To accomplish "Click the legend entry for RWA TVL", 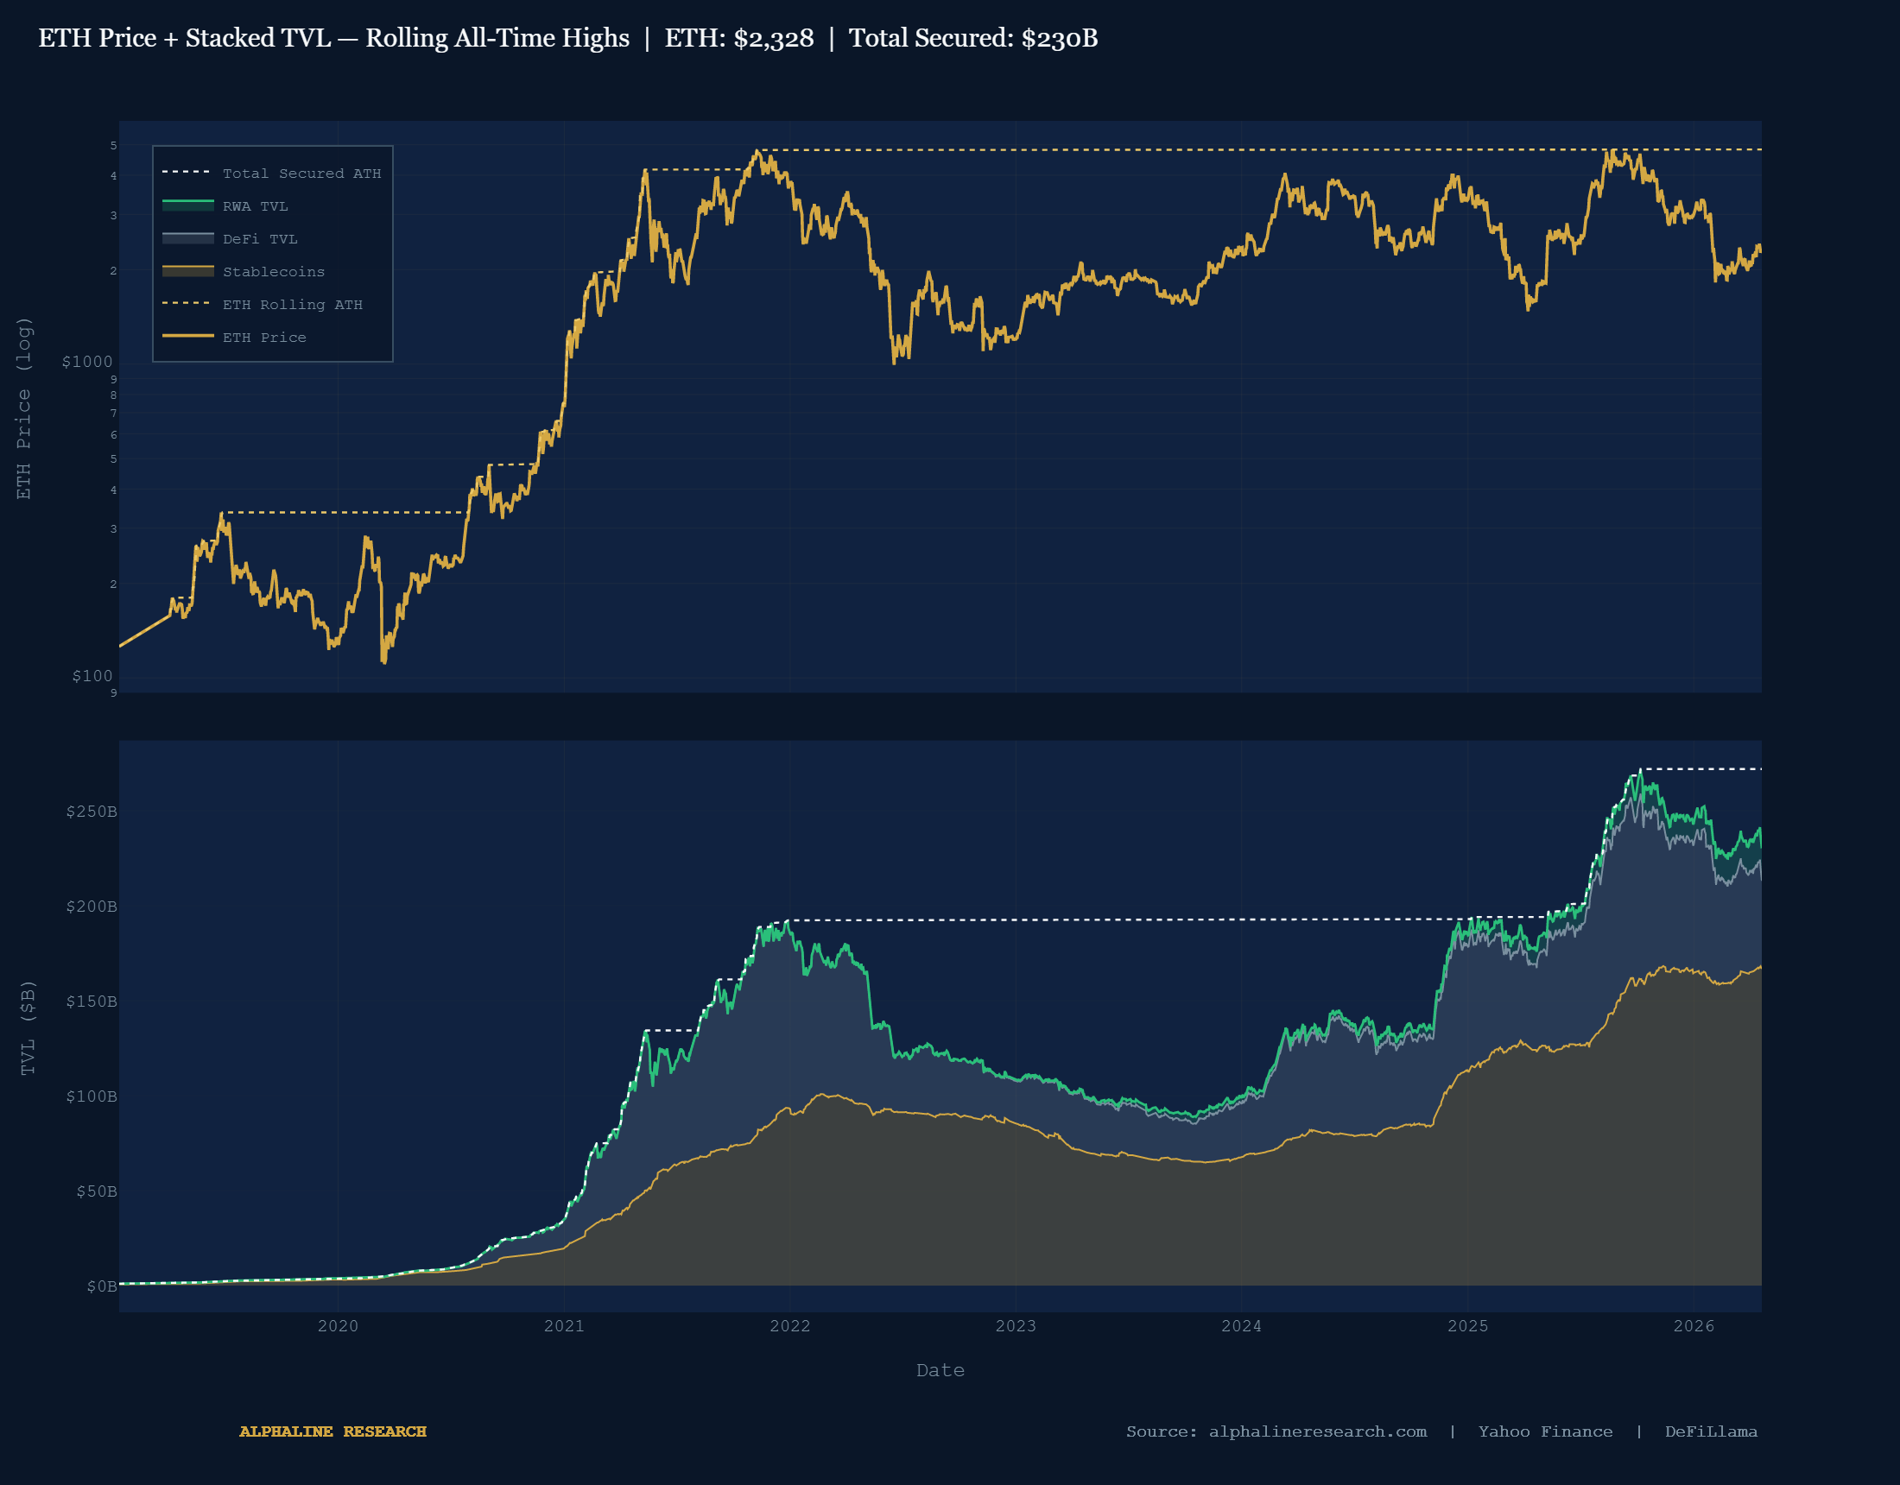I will [255, 206].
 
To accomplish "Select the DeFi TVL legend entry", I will [259, 239].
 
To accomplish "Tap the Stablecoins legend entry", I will [273, 271].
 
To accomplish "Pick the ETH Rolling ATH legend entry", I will [292, 305].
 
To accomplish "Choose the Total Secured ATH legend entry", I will [301, 174].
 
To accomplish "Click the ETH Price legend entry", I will [263, 338].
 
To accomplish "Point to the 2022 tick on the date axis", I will [790, 1326].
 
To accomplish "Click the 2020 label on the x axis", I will [338, 1326].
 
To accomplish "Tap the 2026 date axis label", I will [1694, 1326].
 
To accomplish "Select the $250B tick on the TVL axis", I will [92, 812].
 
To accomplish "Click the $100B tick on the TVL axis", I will [92, 1096].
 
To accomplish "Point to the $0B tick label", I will [101, 1286].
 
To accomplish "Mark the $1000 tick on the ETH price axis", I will [87, 362].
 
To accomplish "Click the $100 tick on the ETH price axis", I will [92, 676].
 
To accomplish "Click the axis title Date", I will [940, 1370].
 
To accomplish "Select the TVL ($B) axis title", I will [28, 1027].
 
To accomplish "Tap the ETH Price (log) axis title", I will [23, 408].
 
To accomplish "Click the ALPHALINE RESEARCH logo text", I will [333, 1431].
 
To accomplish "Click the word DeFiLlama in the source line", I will [1710, 1431].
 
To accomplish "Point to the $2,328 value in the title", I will [774, 38].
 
